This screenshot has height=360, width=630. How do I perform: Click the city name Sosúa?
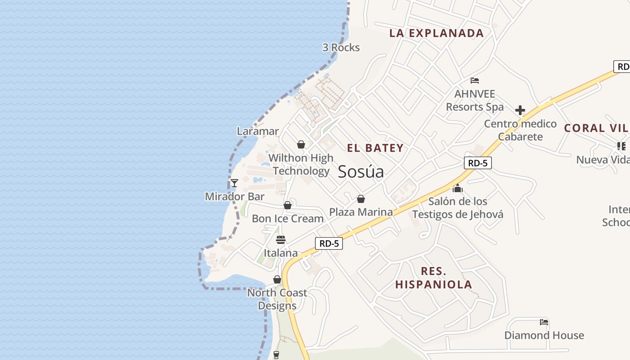[361, 171]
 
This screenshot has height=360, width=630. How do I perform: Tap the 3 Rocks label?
[341, 47]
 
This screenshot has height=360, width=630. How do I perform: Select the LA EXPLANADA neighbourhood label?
[436, 33]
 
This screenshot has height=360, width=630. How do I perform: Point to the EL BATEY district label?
[375, 148]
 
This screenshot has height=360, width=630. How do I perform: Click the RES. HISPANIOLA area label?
[434, 278]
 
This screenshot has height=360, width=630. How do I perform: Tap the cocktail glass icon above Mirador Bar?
[234, 183]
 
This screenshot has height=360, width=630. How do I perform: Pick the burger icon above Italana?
[281, 239]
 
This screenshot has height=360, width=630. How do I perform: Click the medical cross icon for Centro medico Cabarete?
[520, 110]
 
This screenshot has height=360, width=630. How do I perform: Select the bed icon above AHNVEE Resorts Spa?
[475, 81]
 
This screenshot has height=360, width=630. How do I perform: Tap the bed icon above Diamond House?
[544, 322]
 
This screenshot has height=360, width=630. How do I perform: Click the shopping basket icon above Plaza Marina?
[361, 199]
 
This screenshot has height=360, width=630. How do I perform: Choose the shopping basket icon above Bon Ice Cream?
[288, 206]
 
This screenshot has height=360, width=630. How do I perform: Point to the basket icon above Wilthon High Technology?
[301, 144]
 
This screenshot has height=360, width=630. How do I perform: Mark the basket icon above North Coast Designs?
[277, 280]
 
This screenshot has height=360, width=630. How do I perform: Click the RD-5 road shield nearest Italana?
[329, 243]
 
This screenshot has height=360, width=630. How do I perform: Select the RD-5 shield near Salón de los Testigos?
[478, 163]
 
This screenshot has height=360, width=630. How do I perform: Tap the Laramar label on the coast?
[258, 131]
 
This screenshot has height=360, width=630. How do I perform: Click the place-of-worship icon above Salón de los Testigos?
[458, 188]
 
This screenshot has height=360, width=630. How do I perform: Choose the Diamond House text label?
[544, 335]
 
